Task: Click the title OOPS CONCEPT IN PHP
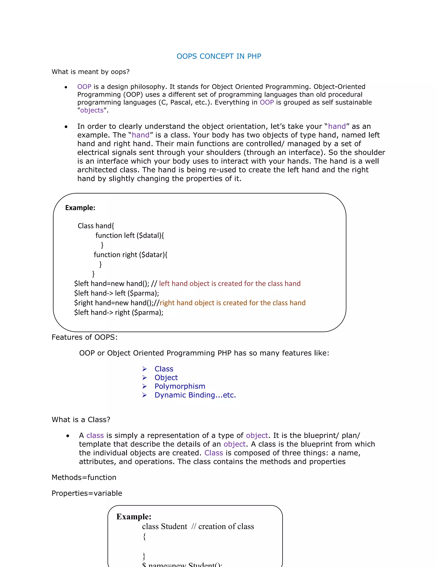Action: point(219,56)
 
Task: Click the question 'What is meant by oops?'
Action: point(90,72)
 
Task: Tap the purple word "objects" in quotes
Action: point(92,110)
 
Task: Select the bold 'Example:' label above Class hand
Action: point(80,208)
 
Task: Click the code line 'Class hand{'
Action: point(96,226)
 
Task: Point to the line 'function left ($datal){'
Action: point(129,236)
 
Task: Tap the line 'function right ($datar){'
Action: point(130,255)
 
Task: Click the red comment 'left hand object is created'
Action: point(230,283)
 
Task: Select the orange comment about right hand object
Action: point(232,303)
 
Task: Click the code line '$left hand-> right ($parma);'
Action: point(118,312)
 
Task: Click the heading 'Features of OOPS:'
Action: point(85,337)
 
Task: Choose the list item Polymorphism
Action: point(180,386)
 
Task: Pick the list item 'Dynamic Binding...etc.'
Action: point(195,395)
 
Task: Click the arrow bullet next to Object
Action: point(145,378)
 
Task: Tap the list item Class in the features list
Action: point(164,369)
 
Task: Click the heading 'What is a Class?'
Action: point(81,420)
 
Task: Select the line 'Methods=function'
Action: point(84,477)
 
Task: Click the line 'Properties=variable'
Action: point(87,493)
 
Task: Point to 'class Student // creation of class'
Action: point(198,526)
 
